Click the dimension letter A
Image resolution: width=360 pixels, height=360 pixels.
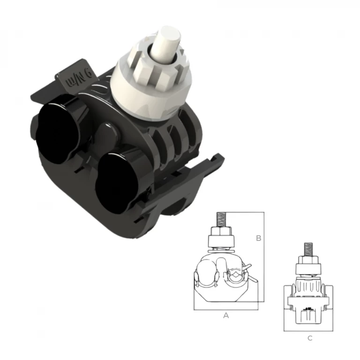pos(226,315)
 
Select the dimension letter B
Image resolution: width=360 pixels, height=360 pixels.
pos(259,238)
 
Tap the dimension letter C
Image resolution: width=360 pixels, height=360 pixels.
pos(310,338)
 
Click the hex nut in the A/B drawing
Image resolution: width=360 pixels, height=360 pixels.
pos(221,231)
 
